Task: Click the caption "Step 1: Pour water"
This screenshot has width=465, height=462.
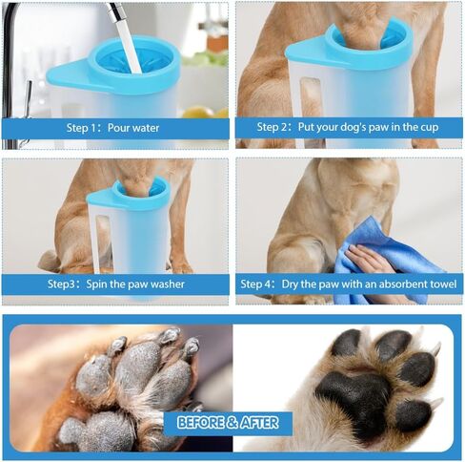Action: pyautogui.click(x=112, y=127)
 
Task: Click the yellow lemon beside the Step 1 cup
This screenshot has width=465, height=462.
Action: pyautogui.click(x=198, y=112)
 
